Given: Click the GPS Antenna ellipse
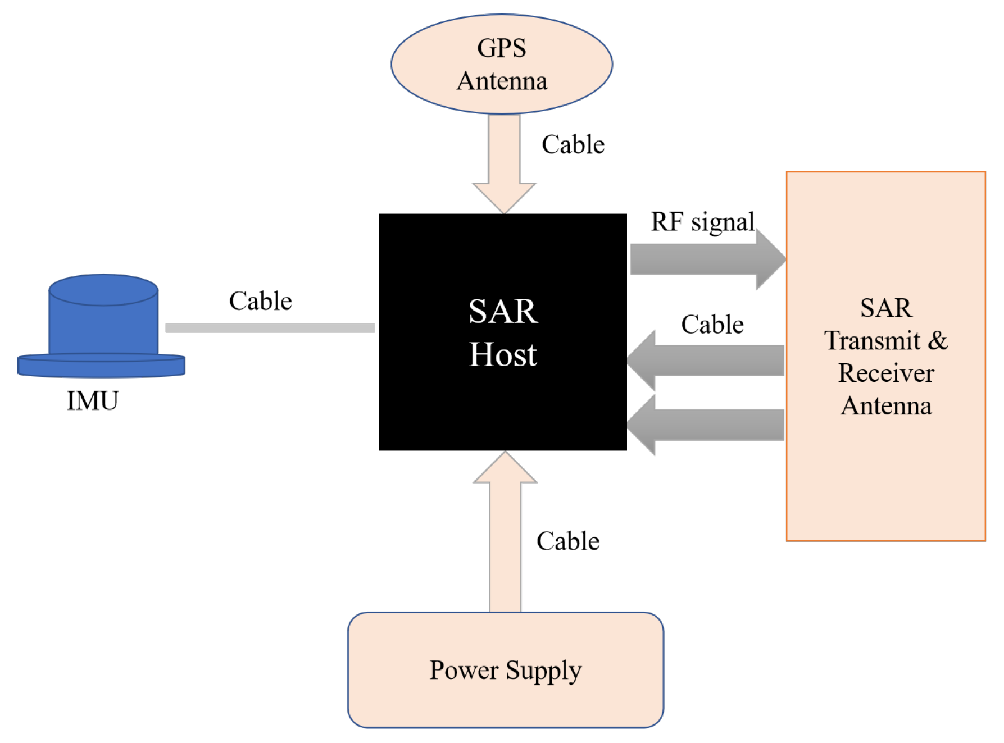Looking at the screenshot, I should [501, 64].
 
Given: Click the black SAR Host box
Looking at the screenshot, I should [502, 404].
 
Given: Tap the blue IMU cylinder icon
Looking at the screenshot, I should [103, 320].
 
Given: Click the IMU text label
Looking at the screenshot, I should [93, 400].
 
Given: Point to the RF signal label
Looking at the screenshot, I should [702, 222].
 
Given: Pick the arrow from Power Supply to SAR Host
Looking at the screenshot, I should [505, 539].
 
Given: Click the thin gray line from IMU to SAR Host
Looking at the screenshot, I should [270, 328].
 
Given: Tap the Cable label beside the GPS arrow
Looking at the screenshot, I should [573, 144].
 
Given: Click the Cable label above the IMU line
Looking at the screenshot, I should [261, 301].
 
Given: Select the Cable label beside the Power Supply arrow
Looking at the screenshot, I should [568, 541].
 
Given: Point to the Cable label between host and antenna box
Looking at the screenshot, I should [712, 325].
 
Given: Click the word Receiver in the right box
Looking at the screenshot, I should [886, 373].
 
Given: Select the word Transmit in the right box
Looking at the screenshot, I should [872, 340].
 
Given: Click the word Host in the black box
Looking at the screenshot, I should [503, 355].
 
